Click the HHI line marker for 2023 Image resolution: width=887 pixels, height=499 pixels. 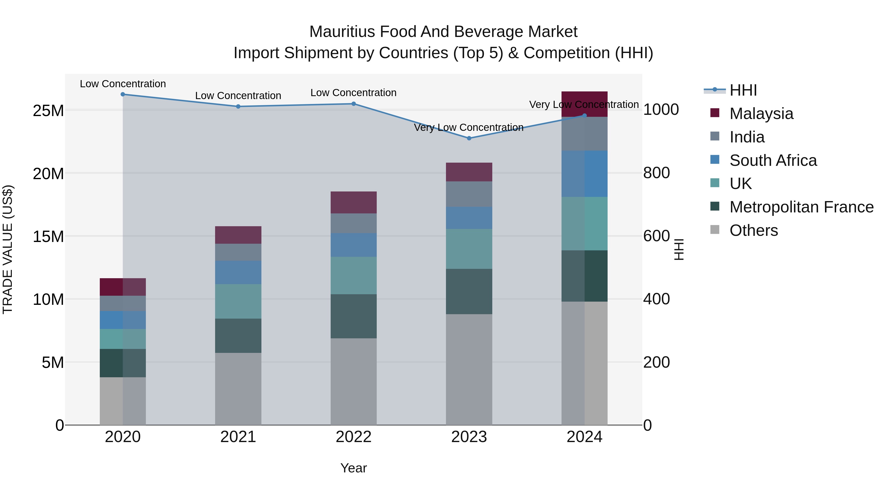pos(469,138)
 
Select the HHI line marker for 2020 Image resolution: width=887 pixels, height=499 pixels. pos(123,94)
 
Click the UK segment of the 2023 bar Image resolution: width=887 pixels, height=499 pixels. pos(469,249)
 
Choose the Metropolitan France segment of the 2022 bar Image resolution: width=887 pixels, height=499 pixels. pos(354,316)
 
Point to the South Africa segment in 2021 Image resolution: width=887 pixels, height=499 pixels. pos(238,272)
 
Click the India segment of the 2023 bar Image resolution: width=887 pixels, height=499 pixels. pos(469,194)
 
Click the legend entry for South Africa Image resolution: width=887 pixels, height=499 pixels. pos(773,160)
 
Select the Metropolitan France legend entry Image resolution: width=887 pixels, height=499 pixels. pos(801,207)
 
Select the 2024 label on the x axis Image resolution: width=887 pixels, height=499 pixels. pos(584,437)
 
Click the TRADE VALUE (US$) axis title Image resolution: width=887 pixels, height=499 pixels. pos(8,249)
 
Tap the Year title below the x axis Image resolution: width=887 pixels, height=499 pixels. pos(354,468)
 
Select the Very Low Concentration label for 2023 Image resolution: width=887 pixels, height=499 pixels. pos(469,127)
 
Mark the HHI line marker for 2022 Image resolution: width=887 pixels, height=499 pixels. pos(354,104)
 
